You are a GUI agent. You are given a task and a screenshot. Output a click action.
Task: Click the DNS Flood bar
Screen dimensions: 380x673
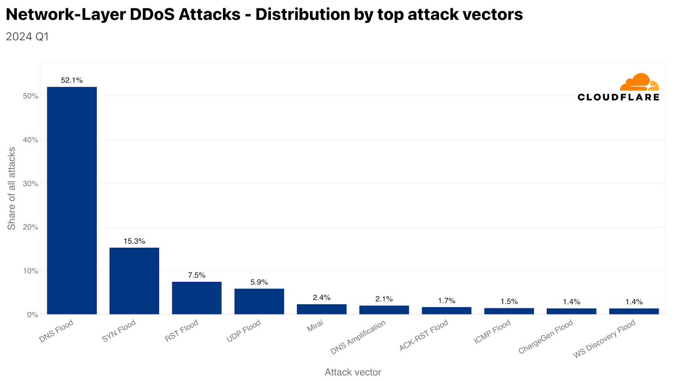click(72, 200)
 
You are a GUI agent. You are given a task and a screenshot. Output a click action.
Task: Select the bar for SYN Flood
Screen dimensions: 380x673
click(134, 281)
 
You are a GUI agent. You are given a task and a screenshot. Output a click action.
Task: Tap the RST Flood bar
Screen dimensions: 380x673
click(196, 298)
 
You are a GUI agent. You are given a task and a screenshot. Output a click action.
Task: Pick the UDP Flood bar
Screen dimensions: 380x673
click(259, 301)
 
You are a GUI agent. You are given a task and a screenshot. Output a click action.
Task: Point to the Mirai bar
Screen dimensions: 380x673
click(321, 309)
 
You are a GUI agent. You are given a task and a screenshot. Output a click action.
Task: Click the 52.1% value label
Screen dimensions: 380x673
click(72, 80)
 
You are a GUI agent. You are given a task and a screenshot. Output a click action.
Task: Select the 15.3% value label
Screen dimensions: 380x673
click(134, 241)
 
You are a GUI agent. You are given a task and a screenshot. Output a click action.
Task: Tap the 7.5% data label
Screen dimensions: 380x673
click(196, 275)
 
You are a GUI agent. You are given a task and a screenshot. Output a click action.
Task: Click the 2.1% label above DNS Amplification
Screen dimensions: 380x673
click(384, 299)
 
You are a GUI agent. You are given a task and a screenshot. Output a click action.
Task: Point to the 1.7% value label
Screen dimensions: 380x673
click(446, 301)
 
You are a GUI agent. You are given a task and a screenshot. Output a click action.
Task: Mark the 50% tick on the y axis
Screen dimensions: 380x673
click(31, 96)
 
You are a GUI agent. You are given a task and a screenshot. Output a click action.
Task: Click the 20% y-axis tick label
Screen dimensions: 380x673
click(31, 227)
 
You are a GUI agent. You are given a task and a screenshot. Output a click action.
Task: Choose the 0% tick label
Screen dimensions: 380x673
click(32, 315)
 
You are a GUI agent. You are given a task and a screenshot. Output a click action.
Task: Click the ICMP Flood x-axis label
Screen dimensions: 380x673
click(492, 332)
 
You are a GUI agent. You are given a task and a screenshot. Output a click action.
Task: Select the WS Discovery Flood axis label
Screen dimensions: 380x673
click(604, 339)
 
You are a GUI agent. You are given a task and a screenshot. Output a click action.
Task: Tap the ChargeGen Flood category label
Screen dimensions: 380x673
click(546, 337)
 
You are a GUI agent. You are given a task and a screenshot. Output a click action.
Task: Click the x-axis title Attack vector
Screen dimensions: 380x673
click(352, 372)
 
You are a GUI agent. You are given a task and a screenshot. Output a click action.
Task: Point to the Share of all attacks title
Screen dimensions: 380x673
click(12, 188)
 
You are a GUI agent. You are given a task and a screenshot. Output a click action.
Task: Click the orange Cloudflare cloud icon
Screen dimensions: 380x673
click(639, 82)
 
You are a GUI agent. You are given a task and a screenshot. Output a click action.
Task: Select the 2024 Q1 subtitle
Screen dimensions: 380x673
click(27, 37)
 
